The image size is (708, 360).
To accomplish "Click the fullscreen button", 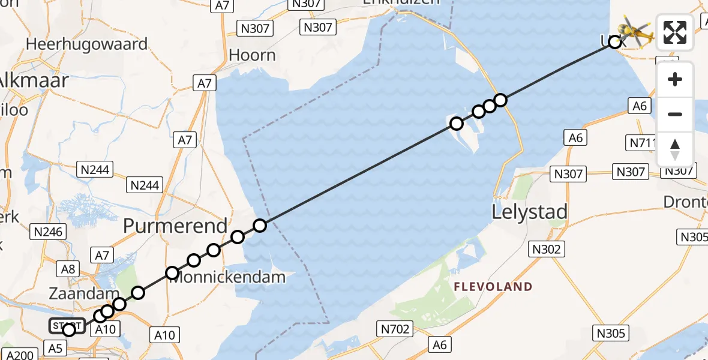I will pos(675,32).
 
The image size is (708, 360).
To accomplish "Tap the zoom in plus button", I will pos(675,80).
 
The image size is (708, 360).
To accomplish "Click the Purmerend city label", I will pos(175,226).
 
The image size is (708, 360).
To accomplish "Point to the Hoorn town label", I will pos(253,55).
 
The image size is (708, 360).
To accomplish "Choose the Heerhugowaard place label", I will pos(86,44).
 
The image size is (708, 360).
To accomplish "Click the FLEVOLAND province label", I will pos(493,287).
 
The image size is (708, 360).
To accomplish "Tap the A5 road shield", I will pos(55,348).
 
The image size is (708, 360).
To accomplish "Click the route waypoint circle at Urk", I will pos(614,42).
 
